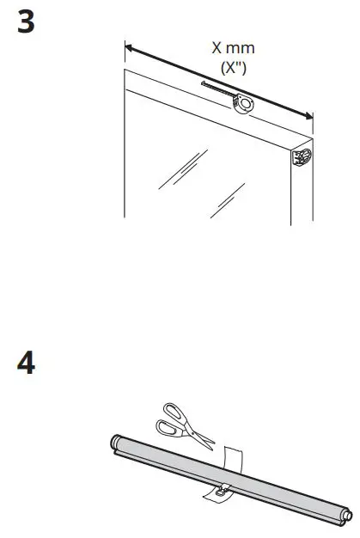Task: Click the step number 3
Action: [x=27, y=22]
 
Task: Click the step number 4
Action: [x=27, y=364]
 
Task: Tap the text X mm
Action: [x=233, y=48]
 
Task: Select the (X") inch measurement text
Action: [x=233, y=65]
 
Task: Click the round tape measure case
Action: [x=243, y=104]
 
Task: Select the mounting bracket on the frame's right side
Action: [x=302, y=158]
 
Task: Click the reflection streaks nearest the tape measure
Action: [x=181, y=168]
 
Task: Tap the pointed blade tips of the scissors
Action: [x=211, y=445]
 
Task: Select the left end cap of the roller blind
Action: [x=115, y=445]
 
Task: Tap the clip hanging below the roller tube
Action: [x=217, y=493]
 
